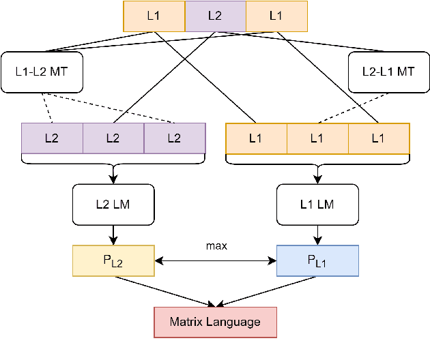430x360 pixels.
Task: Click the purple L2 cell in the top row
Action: tap(215, 16)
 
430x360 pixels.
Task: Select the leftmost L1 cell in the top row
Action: tap(154, 16)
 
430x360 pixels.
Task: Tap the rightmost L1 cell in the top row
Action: tap(276, 16)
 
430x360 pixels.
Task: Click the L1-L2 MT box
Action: tap(42, 72)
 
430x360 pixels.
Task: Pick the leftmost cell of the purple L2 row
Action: tap(52, 138)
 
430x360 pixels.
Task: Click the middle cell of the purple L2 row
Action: tap(113, 138)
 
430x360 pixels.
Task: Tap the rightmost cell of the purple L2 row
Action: tap(175, 138)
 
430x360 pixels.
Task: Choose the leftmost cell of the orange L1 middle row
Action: tap(256, 138)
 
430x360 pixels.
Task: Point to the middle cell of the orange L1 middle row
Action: tap(317, 138)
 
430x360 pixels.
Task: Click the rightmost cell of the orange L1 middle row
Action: tap(379, 138)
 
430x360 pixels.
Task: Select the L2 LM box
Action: tap(113, 204)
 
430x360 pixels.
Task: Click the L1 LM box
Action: tap(317, 204)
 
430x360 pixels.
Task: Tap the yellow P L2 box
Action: tap(113, 260)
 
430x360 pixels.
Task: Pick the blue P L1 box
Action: tap(317, 260)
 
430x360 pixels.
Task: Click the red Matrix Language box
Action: tap(215, 322)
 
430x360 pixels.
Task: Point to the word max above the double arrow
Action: tap(216, 245)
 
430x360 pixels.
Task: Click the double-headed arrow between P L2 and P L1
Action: tap(216, 260)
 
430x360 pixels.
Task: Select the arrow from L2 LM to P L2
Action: tap(113, 235)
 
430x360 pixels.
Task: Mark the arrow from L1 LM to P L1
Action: tap(317, 235)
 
